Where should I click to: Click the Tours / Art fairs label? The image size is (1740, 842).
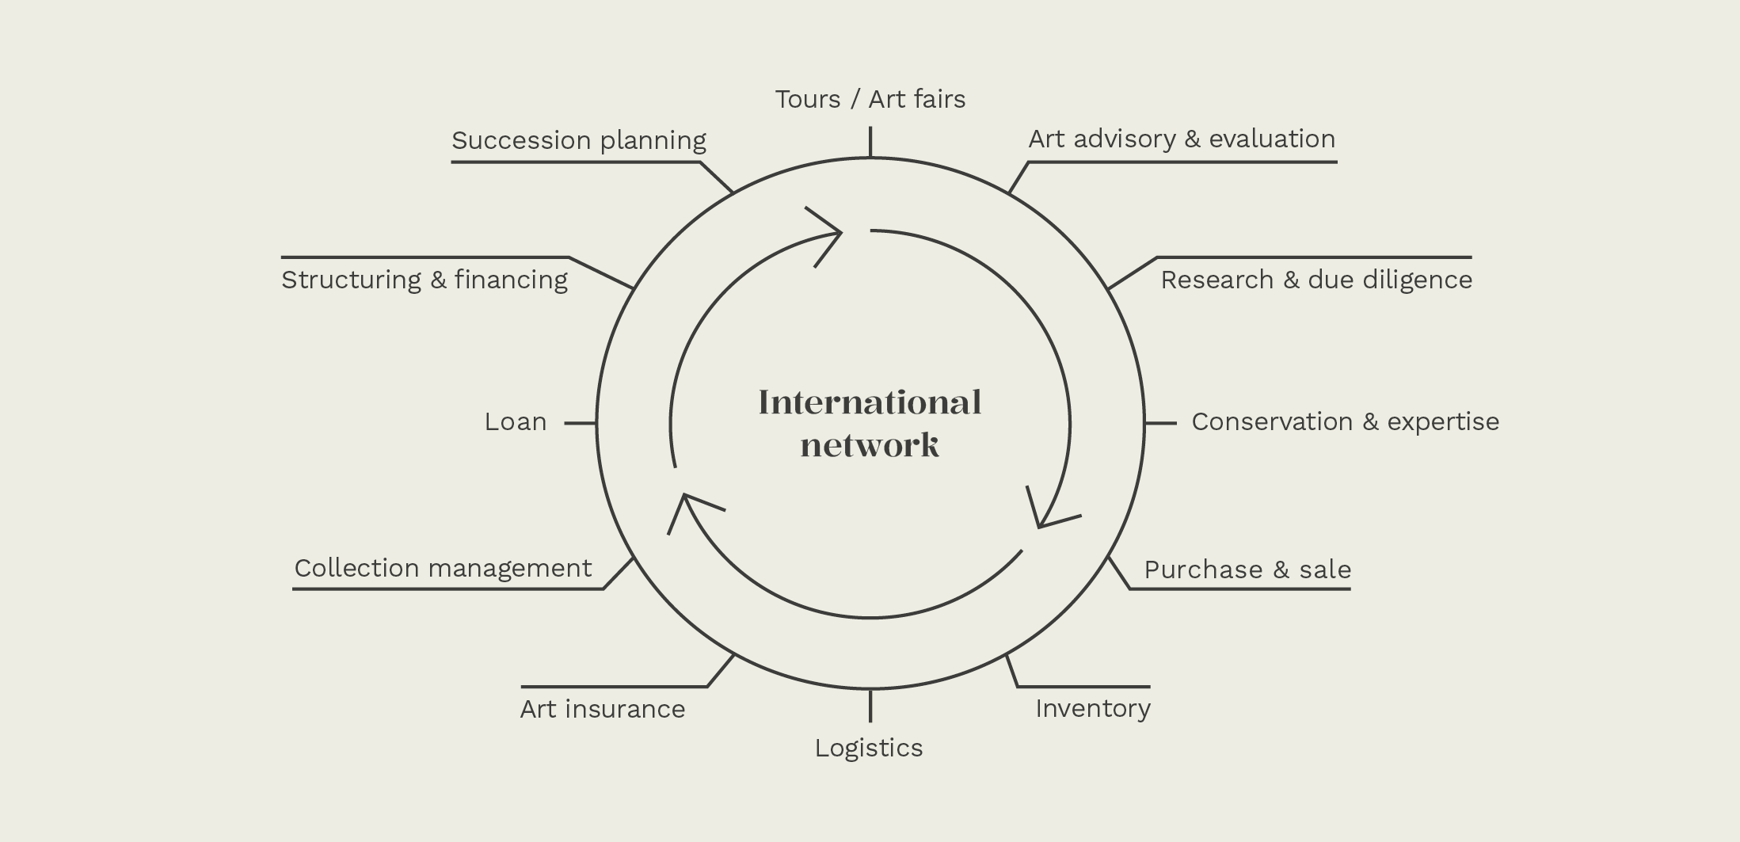tap(870, 100)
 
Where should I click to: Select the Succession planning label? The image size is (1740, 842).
tap(578, 141)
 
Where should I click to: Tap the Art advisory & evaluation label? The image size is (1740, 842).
tap(1181, 139)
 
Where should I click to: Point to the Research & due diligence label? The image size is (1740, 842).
tap(1315, 280)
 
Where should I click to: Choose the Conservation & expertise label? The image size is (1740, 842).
tap(1345, 422)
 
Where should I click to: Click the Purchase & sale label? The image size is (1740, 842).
tap(1247, 570)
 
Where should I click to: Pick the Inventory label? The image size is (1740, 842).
tap(1092, 709)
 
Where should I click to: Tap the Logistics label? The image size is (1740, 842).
tap(868, 749)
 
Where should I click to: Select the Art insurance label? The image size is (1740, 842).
tap(602, 710)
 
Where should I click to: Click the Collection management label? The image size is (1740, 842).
tap(443, 569)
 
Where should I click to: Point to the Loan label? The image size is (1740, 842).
tap(515, 422)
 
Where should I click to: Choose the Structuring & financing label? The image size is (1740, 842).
tap(424, 280)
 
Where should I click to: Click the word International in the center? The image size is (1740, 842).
tap(870, 402)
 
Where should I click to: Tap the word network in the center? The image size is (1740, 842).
tap(870, 445)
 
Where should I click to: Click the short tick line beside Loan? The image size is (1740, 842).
tap(580, 423)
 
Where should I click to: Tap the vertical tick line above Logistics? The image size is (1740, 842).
tap(870, 706)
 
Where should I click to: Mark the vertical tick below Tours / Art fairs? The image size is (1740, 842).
tap(870, 143)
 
